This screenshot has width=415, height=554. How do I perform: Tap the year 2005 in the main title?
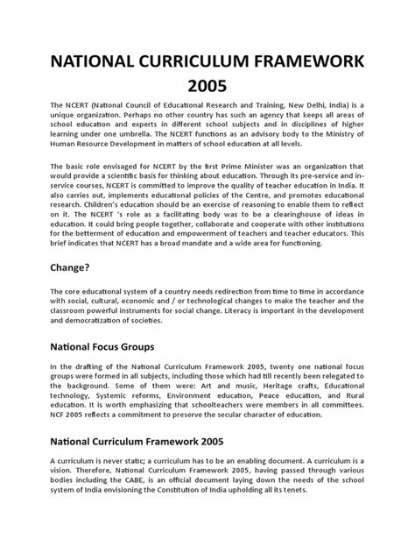click(207, 87)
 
